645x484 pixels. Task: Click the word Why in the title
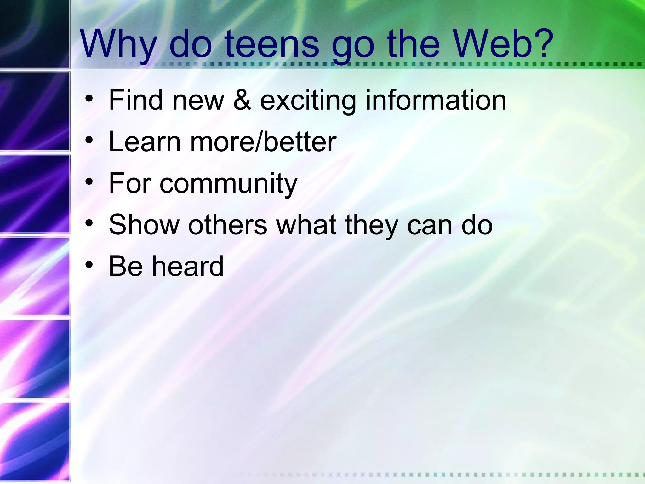tap(118, 44)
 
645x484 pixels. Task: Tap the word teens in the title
tap(272, 44)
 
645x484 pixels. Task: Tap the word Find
tap(135, 100)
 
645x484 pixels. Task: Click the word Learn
tap(145, 142)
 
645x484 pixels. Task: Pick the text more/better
tap(263, 142)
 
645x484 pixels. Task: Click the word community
tap(228, 184)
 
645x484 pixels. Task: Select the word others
tap(227, 225)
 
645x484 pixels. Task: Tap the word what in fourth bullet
tap(306, 225)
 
